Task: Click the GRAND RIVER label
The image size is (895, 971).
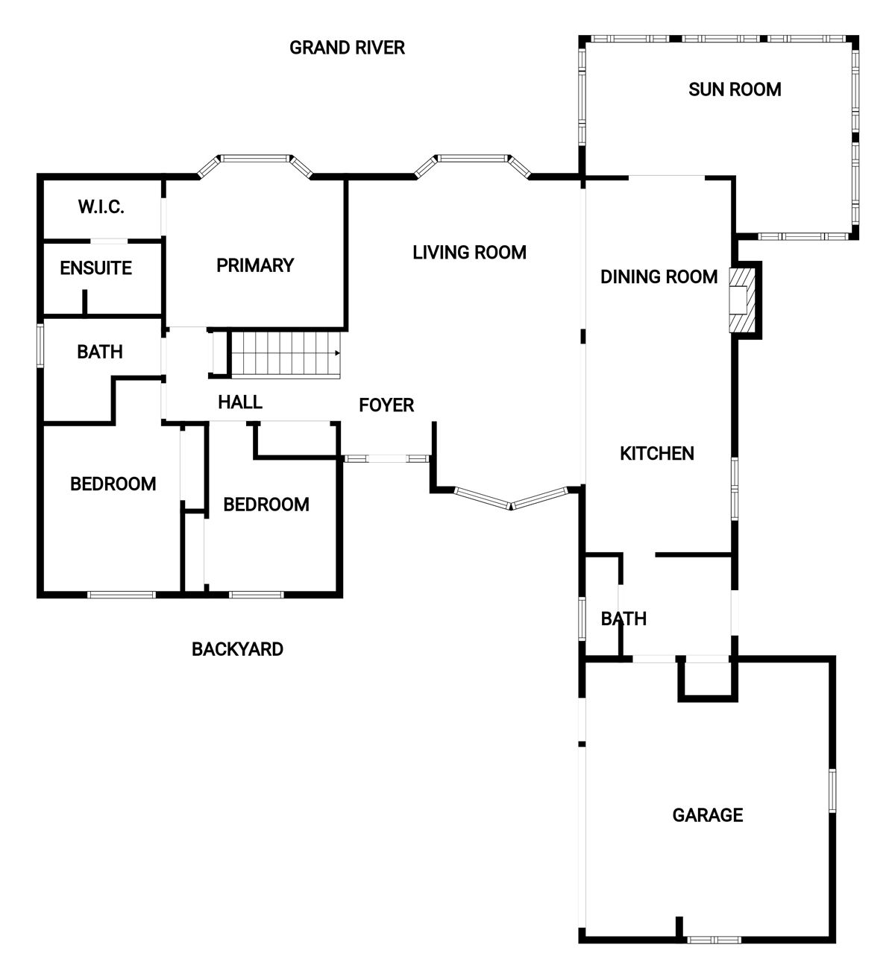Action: tap(347, 48)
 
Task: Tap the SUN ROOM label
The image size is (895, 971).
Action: tap(735, 89)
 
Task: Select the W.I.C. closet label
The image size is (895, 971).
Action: tap(101, 207)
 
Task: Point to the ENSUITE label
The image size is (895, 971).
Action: tap(96, 268)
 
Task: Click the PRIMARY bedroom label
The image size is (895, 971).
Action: tap(255, 266)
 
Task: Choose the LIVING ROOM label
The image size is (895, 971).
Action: tap(469, 253)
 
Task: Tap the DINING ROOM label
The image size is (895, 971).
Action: tap(659, 277)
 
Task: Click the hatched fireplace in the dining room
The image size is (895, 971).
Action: tap(742, 300)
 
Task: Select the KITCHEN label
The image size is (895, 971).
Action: tap(657, 454)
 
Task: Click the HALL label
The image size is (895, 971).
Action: tap(240, 402)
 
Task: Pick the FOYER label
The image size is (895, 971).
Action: tap(386, 405)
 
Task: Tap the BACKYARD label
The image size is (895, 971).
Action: tap(237, 649)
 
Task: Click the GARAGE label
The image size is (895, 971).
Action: tap(708, 815)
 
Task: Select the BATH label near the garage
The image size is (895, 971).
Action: tap(624, 619)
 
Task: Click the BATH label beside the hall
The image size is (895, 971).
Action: tap(100, 352)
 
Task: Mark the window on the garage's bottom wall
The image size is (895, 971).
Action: tap(714, 940)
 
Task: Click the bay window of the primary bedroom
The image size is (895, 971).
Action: tap(255, 165)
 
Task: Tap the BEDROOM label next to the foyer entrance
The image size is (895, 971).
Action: tap(266, 505)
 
